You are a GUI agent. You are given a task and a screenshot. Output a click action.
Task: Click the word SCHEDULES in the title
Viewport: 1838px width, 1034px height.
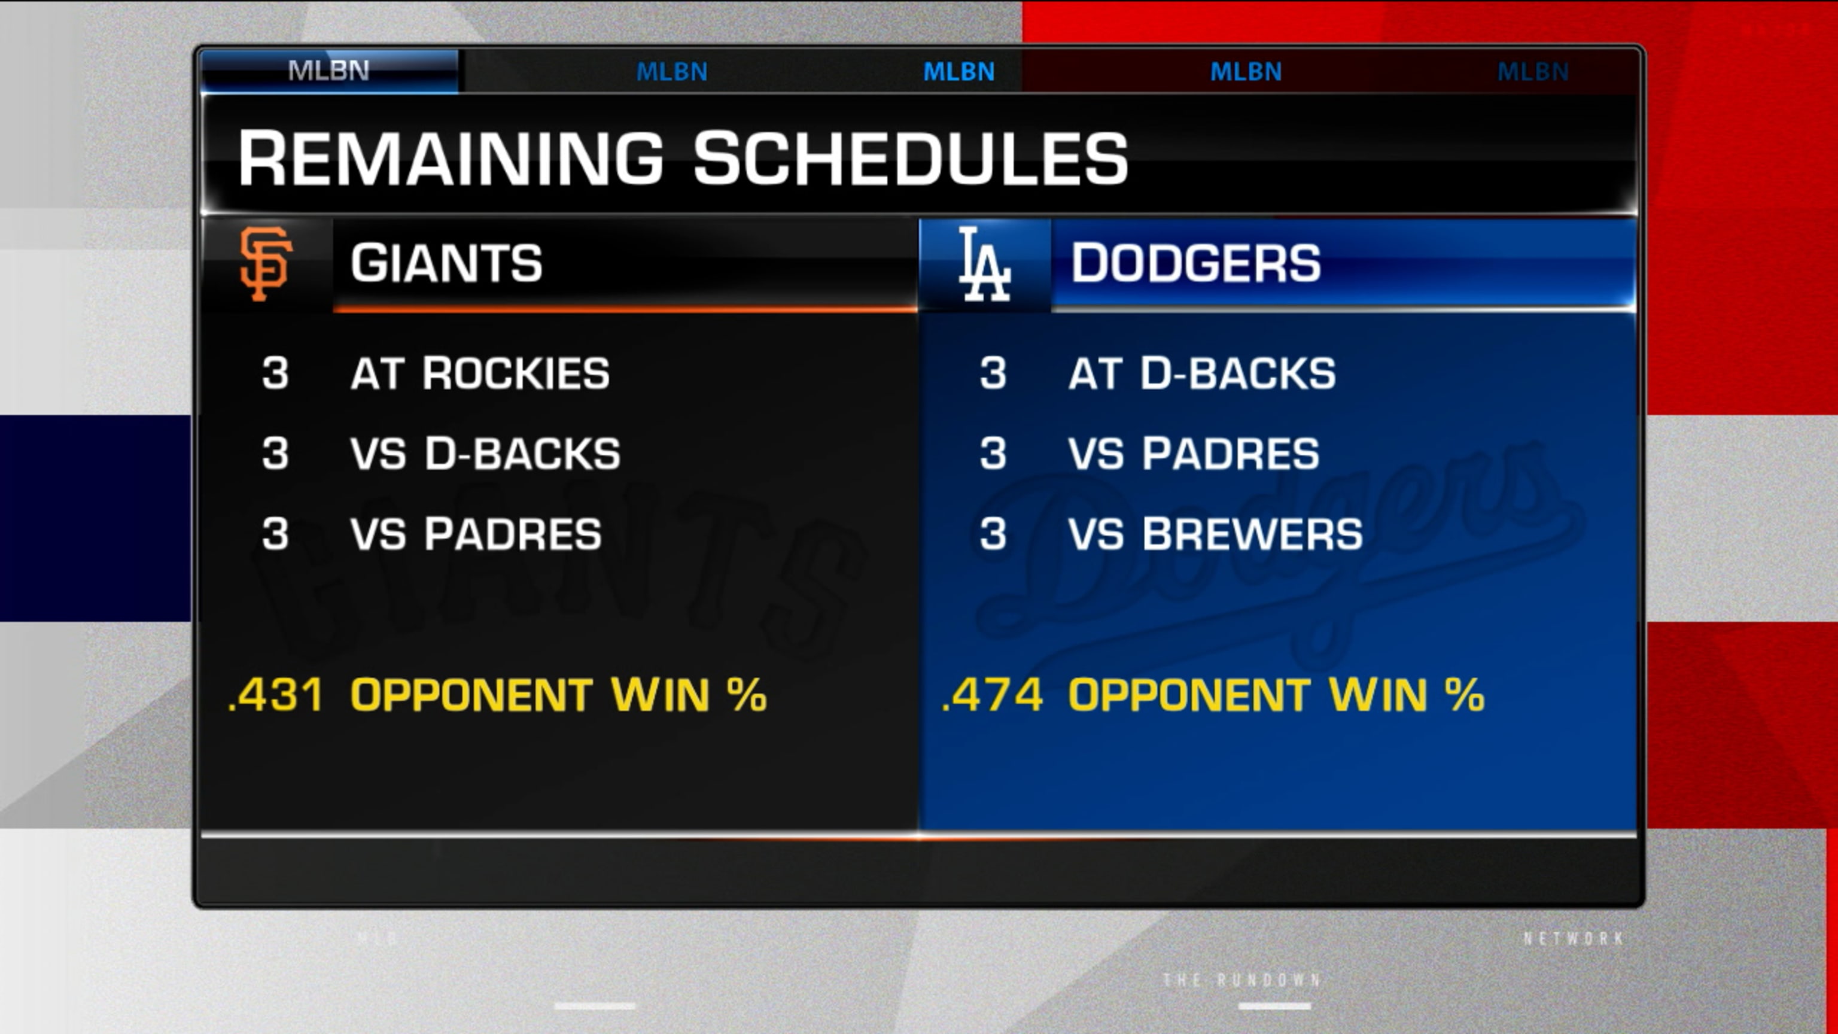point(911,159)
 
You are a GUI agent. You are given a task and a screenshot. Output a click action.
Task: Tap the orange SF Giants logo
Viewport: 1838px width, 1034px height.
point(266,264)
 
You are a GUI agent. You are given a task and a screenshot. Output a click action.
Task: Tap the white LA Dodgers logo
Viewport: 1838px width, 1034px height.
point(984,264)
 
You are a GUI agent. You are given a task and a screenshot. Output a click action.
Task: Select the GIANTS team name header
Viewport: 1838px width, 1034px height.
point(446,263)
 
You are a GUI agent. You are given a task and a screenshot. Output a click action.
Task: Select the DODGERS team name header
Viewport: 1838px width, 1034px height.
point(1195,263)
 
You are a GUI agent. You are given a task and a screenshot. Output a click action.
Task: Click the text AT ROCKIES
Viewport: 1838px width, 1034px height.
point(479,373)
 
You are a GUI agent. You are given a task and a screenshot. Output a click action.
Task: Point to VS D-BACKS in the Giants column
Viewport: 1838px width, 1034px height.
point(485,454)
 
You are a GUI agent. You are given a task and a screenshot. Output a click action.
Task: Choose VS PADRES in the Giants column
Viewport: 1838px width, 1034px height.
point(476,534)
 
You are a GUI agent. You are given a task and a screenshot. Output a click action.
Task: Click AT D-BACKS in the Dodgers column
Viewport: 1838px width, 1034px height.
point(1201,373)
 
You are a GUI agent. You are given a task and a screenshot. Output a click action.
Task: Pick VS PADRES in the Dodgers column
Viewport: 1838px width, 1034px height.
point(1194,454)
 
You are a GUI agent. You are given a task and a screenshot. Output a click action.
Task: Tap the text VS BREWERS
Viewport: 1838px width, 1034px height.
point(1215,534)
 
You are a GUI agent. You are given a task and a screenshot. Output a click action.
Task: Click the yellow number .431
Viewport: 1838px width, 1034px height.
point(275,695)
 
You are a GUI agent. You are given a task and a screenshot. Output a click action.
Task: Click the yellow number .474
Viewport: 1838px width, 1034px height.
point(993,695)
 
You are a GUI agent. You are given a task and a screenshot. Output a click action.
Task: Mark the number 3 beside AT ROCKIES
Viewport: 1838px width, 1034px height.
point(275,373)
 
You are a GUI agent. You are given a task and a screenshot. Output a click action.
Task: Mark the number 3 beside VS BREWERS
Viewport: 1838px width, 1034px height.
point(993,534)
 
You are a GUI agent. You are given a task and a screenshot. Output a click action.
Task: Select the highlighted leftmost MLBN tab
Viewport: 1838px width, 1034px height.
point(329,71)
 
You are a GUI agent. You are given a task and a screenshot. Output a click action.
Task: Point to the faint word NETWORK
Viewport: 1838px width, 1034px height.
point(1574,938)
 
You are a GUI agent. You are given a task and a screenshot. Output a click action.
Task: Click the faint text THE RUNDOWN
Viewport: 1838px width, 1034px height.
point(1241,980)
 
